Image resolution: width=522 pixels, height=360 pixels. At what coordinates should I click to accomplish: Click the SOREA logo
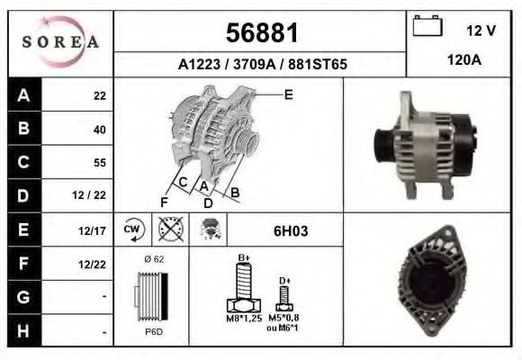pos(59,42)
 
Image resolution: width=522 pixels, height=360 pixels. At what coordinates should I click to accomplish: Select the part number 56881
pos(260,33)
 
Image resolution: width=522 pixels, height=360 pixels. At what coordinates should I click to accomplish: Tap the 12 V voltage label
pos(481,31)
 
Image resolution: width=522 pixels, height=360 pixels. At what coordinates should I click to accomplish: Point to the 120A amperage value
pos(463,61)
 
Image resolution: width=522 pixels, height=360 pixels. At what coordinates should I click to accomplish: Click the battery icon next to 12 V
pos(427,27)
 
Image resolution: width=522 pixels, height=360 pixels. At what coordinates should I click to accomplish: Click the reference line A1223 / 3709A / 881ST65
pos(260,65)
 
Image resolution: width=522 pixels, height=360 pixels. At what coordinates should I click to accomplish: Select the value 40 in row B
pos(99,129)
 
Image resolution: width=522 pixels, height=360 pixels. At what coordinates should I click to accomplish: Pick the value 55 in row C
pos(99,163)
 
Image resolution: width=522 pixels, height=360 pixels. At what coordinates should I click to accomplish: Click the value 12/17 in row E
pos(94,230)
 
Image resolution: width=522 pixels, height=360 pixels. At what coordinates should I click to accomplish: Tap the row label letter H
pos(22,329)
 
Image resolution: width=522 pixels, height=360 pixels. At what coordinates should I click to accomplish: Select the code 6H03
pos(291,230)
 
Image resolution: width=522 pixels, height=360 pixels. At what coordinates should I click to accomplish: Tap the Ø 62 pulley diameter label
pos(155,258)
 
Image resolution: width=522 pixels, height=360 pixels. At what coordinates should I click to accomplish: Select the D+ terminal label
pos(284,281)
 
